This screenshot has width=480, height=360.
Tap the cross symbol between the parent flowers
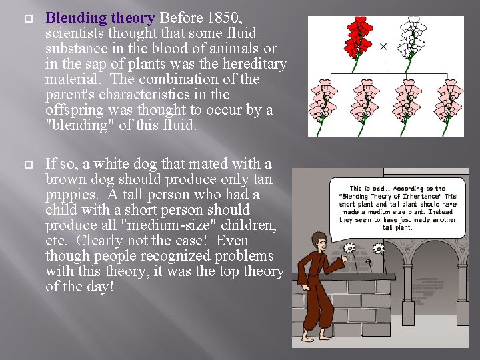click(x=383, y=46)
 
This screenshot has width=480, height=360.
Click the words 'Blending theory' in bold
click(x=100, y=18)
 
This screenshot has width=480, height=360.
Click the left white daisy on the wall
click(x=348, y=249)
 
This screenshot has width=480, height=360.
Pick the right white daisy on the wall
click(x=379, y=249)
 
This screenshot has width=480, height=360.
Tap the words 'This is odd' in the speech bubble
click(x=371, y=189)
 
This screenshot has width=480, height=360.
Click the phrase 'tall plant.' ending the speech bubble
click(x=397, y=227)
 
